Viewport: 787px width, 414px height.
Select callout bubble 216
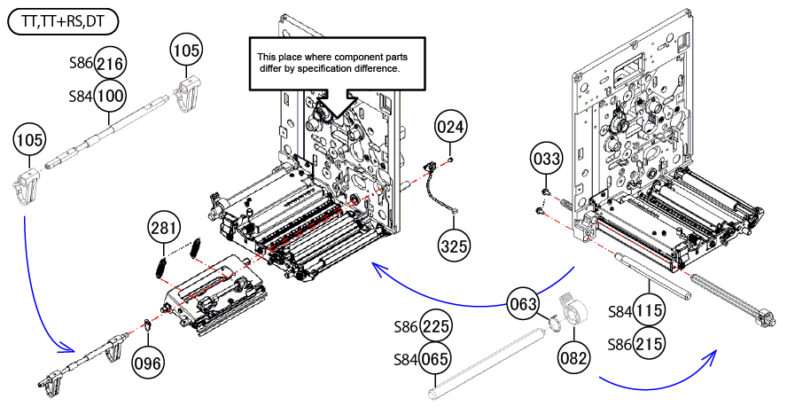110,63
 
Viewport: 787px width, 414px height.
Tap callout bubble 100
110,94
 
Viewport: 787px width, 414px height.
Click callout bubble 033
547,160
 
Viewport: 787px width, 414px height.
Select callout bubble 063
523,304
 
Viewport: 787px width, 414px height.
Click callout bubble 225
434,327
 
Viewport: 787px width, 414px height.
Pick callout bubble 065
434,360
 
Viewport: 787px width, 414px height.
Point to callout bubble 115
649,311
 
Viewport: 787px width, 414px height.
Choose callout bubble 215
649,342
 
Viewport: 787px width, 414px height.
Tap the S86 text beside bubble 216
81,64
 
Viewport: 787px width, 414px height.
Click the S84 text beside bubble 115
619,312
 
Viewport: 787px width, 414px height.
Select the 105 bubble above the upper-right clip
186,51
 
